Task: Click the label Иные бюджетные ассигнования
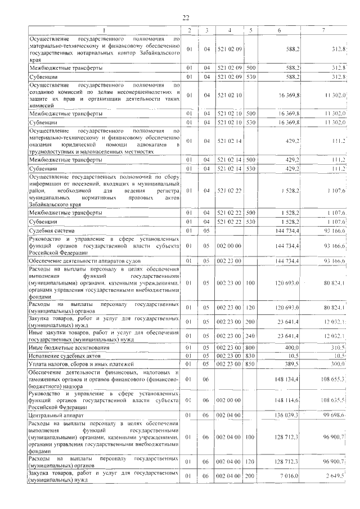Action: pyautogui.click(x=66, y=348)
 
